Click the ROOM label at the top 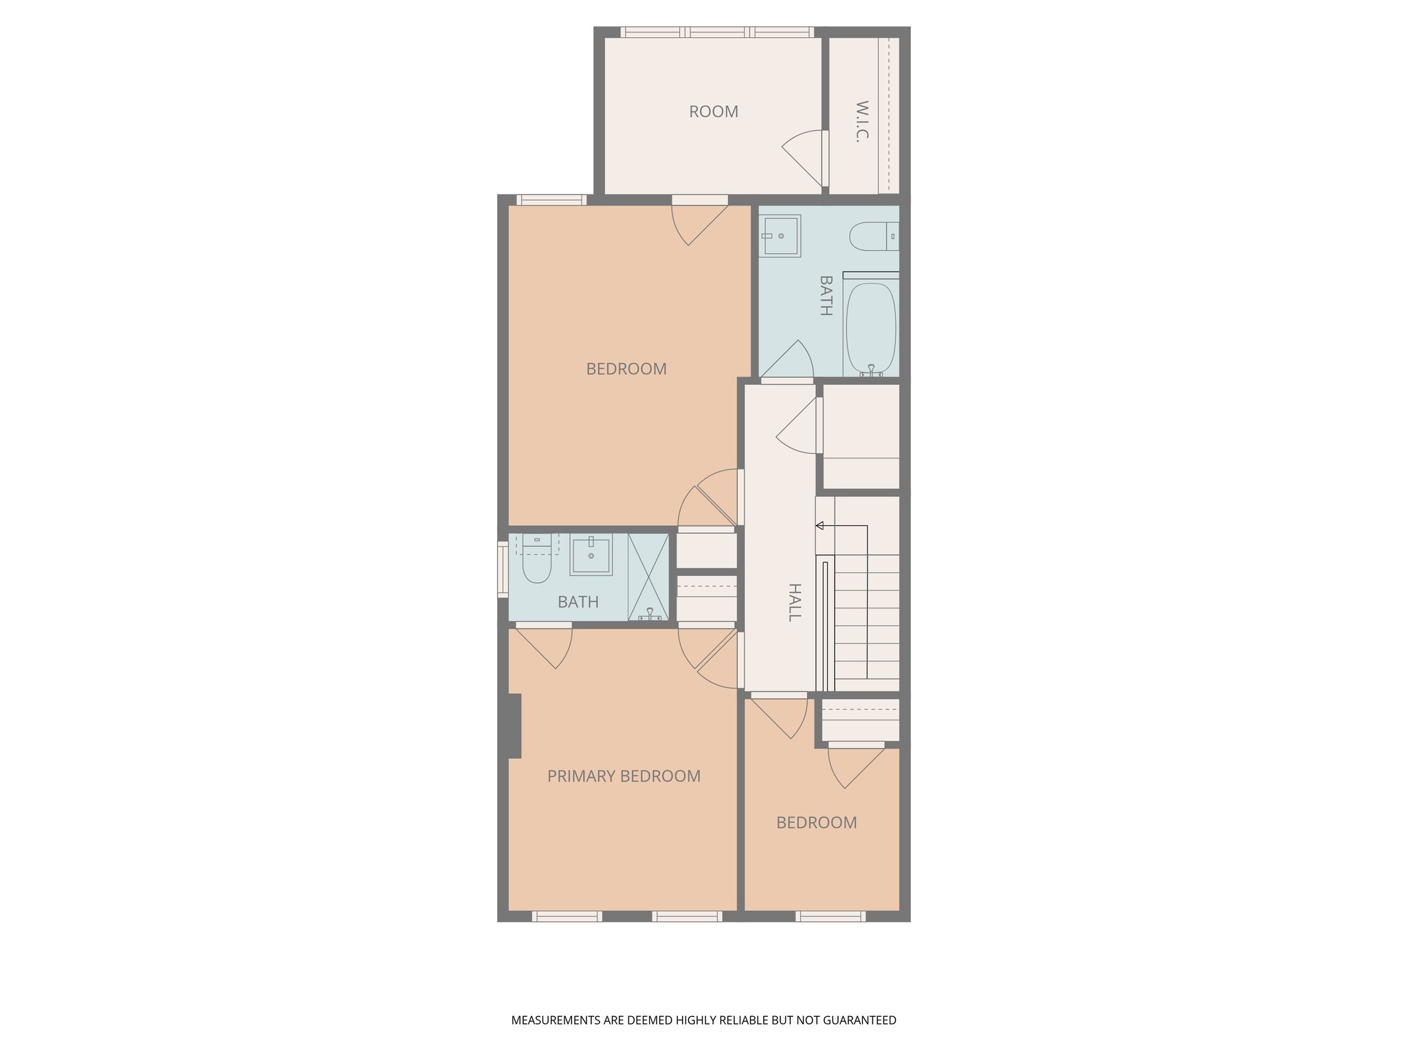(714, 111)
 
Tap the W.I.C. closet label (862, 120)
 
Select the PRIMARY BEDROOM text (624, 776)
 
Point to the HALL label (794, 602)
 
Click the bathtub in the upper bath (870, 327)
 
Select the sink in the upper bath (780, 236)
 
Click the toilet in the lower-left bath (536, 564)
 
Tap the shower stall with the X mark (648, 576)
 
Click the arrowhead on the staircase (819, 526)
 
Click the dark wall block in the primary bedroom (514, 726)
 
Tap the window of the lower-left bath (503, 569)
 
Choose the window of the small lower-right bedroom (830, 916)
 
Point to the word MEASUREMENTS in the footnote (556, 1020)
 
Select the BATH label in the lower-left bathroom (578, 602)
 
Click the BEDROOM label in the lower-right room (817, 823)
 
